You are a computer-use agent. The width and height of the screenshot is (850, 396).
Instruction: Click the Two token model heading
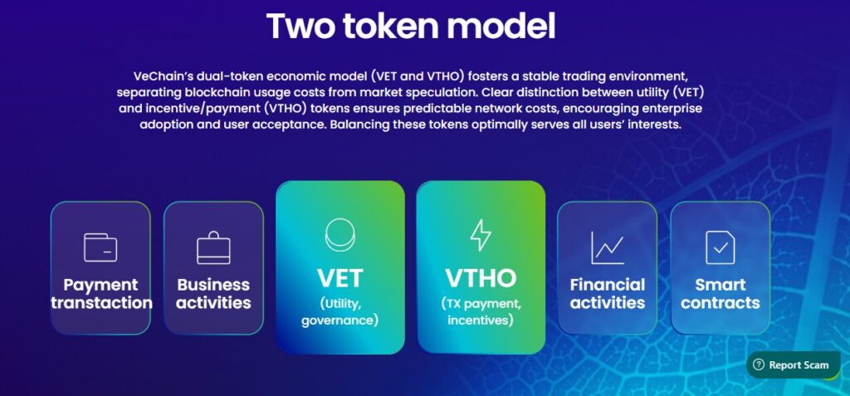pos(411,26)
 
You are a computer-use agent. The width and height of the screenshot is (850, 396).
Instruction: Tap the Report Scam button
pos(793,365)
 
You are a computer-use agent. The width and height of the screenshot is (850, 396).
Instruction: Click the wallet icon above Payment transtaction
pos(100,247)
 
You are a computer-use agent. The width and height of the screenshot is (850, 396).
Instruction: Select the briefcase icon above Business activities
pos(213,248)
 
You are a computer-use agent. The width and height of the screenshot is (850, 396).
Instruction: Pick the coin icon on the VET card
pos(340,234)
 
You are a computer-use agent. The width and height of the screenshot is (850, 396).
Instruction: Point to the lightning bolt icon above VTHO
pos(481,235)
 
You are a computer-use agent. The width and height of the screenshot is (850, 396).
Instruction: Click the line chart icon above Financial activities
pos(607,248)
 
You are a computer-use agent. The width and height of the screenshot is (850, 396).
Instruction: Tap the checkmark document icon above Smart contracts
pos(721,247)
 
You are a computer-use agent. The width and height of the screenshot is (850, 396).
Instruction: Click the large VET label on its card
pos(340,278)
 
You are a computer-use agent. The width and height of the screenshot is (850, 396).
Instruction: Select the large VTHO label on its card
pos(481,278)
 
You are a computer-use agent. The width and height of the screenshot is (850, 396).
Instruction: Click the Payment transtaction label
pos(100,294)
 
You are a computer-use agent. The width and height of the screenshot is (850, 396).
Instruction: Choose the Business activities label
pos(213,294)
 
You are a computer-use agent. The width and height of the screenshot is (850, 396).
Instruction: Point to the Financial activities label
pos(608,294)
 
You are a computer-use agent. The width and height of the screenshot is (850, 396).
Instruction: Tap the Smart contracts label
pos(721,294)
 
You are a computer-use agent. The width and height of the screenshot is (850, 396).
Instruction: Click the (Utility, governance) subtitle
pos(340,310)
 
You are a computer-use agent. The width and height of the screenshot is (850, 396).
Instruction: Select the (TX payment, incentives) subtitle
pos(481,311)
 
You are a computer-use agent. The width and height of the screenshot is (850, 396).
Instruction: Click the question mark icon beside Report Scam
pos(759,364)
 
